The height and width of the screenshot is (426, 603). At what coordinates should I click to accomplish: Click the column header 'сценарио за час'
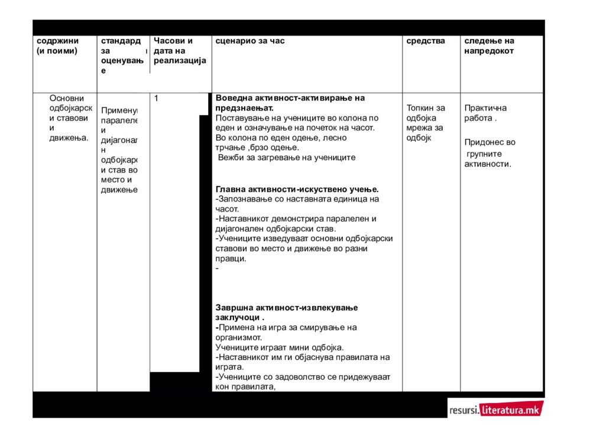[x=250, y=41]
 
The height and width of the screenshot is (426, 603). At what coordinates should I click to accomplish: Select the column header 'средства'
[x=426, y=41]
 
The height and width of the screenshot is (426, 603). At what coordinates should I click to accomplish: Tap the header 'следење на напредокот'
[x=489, y=45]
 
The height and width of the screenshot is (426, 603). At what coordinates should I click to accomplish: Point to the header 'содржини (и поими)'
[x=57, y=45]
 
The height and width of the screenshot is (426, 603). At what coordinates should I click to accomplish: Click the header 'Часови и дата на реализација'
[x=180, y=51]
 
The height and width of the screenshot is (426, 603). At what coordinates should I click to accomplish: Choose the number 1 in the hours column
[x=156, y=98]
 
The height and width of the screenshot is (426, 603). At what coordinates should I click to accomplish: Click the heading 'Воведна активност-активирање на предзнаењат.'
[x=290, y=103]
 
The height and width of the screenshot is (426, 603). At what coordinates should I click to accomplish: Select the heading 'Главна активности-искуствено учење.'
[x=297, y=189]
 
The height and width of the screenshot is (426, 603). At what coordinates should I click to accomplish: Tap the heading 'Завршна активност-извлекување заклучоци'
[x=287, y=312]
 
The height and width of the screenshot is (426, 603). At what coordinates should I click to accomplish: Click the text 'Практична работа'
[x=485, y=113]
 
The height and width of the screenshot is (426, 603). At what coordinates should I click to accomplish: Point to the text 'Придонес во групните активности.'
[x=489, y=153]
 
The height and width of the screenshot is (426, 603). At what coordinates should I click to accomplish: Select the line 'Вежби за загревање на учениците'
[x=286, y=158]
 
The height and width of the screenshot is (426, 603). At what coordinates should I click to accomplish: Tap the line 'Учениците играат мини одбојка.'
[x=280, y=347]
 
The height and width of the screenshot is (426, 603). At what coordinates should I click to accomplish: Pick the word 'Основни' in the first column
[x=67, y=98]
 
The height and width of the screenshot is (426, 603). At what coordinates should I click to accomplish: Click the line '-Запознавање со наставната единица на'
[x=297, y=199]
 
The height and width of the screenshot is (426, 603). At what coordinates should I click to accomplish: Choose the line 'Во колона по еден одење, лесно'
[x=281, y=138]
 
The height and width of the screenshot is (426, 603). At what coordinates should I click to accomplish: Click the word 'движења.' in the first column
[x=69, y=138]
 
